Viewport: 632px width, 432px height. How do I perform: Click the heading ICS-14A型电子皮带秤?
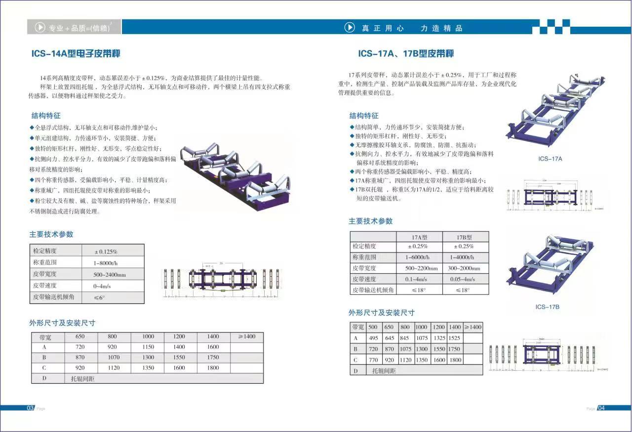click(76, 54)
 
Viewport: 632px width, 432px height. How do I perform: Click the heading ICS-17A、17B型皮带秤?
click(405, 54)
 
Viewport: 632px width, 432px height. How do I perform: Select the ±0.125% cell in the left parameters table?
click(106, 251)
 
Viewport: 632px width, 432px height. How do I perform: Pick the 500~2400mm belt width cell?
click(110, 274)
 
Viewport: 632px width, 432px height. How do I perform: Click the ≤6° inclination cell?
click(100, 298)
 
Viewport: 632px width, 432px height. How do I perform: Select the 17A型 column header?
click(419, 237)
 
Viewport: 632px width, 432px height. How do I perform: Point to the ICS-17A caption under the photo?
click(550, 159)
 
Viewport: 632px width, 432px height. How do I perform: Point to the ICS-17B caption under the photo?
click(547, 307)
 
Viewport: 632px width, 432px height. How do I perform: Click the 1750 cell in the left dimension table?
click(213, 357)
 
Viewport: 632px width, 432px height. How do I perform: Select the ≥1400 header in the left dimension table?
click(246, 337)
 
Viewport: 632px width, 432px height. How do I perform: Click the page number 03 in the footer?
click(30, 408)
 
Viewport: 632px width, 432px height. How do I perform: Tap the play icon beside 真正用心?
click(350, 28)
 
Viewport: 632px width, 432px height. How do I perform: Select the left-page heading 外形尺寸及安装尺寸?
click(62, 323)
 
